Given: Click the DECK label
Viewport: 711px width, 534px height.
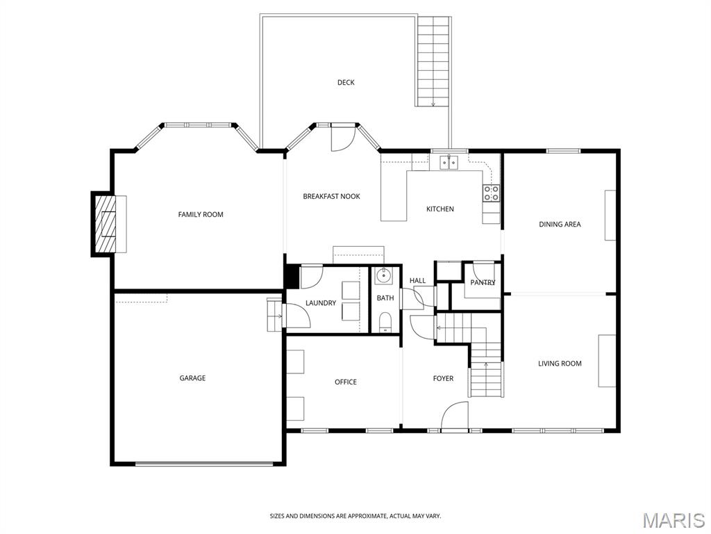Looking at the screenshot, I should (346, 83).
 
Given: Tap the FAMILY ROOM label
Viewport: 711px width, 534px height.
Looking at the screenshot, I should (201, 214).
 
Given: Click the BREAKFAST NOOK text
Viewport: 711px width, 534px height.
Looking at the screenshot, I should (331, 197).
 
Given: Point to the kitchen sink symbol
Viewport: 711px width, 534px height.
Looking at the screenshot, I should (449, 163).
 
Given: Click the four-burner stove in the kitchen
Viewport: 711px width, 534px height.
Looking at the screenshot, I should (492, 193).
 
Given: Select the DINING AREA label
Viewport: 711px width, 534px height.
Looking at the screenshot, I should (560, 225).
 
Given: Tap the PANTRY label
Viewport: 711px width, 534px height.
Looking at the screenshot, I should (483, 282).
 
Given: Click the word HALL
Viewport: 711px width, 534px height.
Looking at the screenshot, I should (417, 281).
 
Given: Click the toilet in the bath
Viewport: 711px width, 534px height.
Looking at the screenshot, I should (385, 321).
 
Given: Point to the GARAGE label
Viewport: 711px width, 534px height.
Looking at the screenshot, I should (192, 378).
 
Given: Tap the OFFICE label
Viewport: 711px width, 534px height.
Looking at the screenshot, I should (346, 382).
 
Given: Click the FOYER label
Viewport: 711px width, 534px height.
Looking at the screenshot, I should (443, 378).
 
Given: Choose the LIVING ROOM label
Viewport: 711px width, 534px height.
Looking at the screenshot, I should (560, 364).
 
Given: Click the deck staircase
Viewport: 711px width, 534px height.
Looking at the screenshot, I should (433, 61).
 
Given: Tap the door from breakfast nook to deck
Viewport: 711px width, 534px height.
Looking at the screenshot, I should (341, 138).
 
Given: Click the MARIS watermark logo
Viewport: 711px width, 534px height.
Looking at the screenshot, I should (673, 520).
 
